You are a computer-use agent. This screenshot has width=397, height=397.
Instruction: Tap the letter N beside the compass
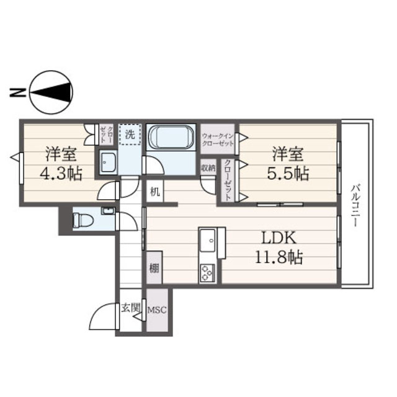[x=17, y=94]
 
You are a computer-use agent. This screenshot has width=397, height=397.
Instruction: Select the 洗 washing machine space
[x=130, y=134]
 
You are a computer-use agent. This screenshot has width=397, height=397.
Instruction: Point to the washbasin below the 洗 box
[x=109, y=163]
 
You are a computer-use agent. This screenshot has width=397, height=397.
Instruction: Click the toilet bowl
[x=81, y=219]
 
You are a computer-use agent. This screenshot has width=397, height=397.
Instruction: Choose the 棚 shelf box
[x=153, y=269]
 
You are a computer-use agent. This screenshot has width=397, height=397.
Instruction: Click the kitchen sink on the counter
[x=208, y=238]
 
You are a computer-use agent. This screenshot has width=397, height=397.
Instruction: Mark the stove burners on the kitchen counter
[x=207, y=272]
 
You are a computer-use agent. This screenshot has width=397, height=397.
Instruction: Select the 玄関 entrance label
[x=131, y=307]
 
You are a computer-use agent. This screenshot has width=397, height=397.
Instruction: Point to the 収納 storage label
[x=208, y=167]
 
